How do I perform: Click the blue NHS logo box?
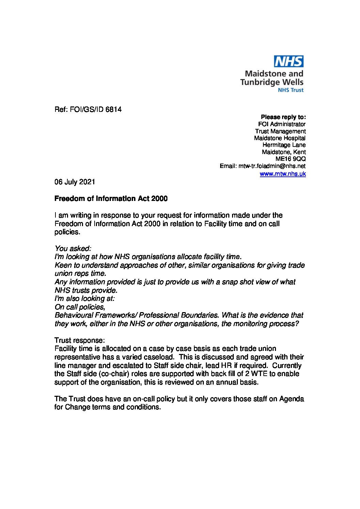pyautogui.click(x=289, y=62)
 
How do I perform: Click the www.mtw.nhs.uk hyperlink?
pyautogui.click(x=282, y=174)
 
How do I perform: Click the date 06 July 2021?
pyautogui.click(x=75, y=182)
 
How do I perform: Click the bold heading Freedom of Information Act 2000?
pyautogui.click(x=111, y=199)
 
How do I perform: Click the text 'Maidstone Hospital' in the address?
pyautogui.click(x=280, y=138)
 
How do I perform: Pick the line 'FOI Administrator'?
pyautogui.click(x=282, y=124)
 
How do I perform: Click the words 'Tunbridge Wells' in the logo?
pyautogui.click(x=272, y=82)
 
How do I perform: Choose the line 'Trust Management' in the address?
pyautogui.click(x=280, y=131)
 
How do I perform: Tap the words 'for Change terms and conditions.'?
pyautogui.click(x=107, y=407)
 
